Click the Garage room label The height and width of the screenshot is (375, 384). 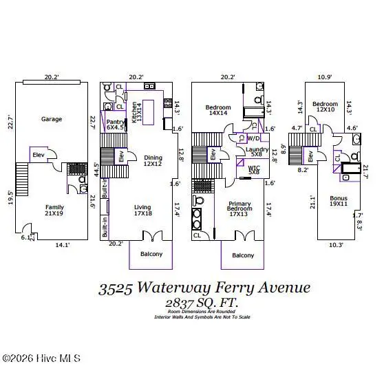pos(51,119)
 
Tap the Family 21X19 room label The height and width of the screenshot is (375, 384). pos(54,210)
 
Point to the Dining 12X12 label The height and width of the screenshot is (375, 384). pos(152,160)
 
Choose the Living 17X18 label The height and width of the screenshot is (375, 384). pos(143,210)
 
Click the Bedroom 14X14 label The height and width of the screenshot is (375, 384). pos(217,111)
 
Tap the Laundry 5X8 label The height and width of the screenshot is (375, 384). pos(259,152)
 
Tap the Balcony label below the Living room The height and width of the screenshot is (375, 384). pos(151,255)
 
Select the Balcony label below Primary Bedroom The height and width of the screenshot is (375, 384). pos(242,255)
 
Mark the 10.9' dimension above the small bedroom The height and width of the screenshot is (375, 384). pos(326,78)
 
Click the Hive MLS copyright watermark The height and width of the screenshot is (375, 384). pos(41,358)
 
